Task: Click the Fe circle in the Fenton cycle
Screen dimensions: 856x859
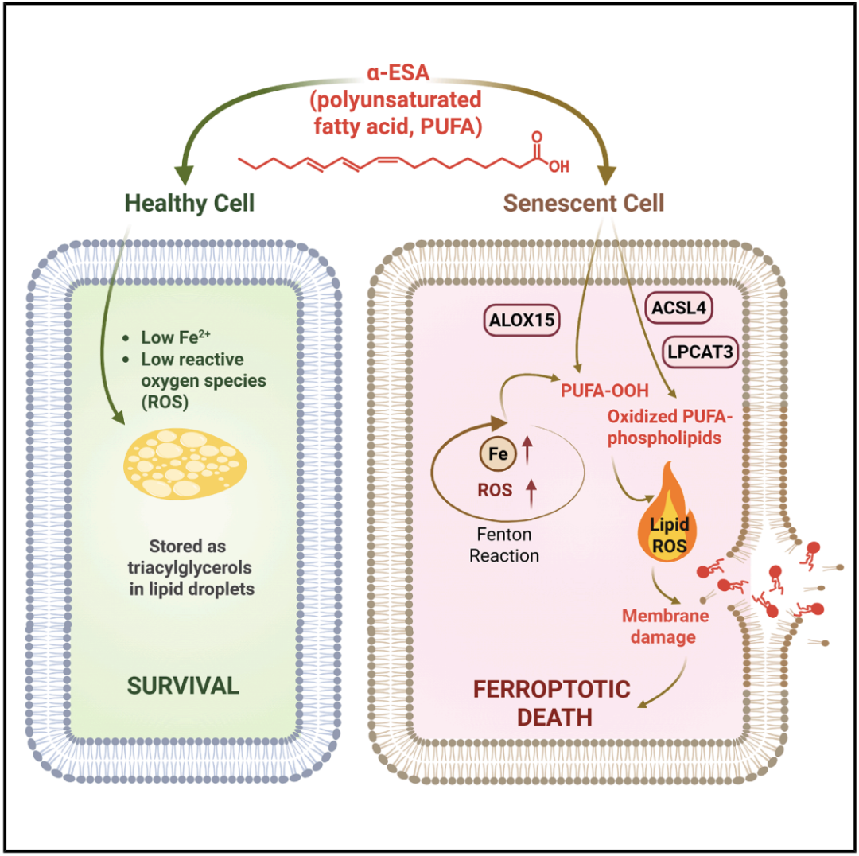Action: tap(497, 455)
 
